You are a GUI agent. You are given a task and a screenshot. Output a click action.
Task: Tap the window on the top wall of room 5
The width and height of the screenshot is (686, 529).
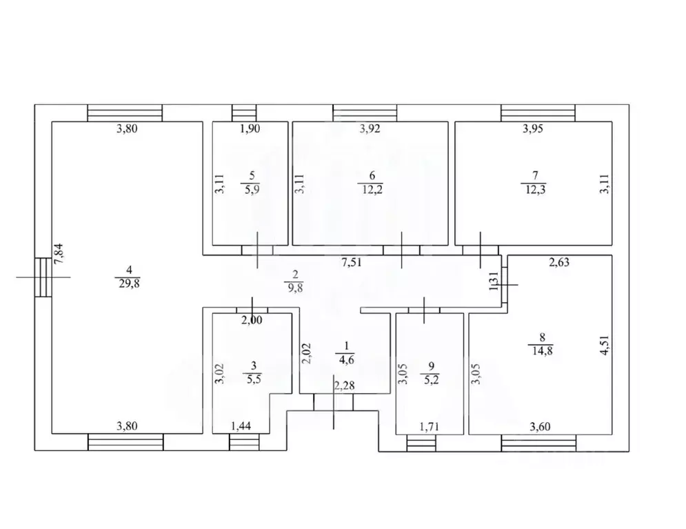243,112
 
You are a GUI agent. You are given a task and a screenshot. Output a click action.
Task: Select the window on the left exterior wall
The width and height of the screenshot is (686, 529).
43,277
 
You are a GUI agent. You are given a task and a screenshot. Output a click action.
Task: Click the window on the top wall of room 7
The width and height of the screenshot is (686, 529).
538,112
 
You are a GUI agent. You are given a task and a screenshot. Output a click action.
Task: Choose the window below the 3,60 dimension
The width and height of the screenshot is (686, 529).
538,442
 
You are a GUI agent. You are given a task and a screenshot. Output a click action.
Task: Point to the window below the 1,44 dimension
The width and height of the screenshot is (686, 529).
241,442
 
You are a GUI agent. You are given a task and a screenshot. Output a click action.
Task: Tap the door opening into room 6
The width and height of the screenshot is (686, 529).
402,250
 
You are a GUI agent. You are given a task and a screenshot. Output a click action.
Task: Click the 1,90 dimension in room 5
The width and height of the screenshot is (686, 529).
249,129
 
